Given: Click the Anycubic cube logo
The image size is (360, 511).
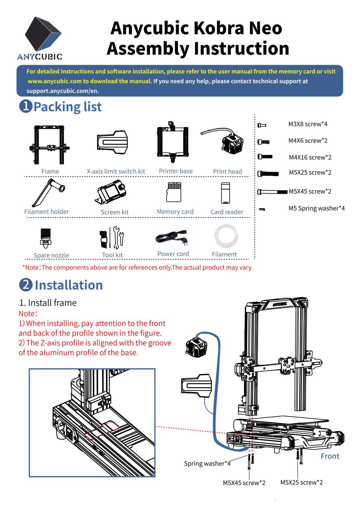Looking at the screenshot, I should point(43,34).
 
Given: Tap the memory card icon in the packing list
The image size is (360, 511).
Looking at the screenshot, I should point(173,192).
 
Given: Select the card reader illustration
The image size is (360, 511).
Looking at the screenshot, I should point(225,193).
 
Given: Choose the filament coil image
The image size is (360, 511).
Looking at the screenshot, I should point(226,236).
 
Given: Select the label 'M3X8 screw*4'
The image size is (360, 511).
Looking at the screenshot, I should point(308,124).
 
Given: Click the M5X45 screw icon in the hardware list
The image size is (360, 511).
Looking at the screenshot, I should point(272,192).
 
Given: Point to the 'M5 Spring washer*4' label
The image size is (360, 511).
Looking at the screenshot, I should point(316,208).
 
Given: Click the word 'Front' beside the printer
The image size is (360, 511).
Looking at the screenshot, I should point(330,456).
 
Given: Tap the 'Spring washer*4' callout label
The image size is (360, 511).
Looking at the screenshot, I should point(207,463).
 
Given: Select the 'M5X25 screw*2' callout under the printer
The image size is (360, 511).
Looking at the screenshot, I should point(301,482).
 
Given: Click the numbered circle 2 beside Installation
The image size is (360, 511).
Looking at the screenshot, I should point(26,285).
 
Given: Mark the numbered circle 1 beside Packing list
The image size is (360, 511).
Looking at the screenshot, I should point(26,106).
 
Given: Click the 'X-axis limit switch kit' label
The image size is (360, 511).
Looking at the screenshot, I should point(116,172).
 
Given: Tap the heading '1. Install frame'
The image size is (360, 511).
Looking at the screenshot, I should point(48,303).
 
